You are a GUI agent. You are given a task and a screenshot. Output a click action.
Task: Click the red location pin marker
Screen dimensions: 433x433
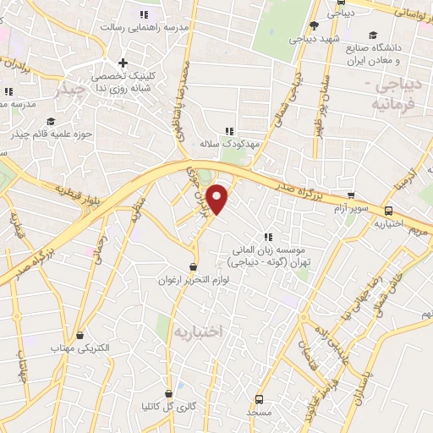point(218,200)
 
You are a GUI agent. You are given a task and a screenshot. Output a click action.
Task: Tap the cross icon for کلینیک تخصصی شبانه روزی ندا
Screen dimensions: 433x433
point(123,63)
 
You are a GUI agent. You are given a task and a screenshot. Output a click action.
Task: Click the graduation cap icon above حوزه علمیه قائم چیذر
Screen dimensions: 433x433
point(50,121)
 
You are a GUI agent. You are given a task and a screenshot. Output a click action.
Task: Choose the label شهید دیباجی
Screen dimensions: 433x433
point(315,38)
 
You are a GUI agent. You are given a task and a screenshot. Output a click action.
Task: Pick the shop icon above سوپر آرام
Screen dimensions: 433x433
point(350,195)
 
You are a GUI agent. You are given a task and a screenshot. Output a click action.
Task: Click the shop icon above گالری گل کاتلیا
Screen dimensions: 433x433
point(168,393)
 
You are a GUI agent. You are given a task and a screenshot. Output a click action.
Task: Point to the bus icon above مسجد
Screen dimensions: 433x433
point(258,398)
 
